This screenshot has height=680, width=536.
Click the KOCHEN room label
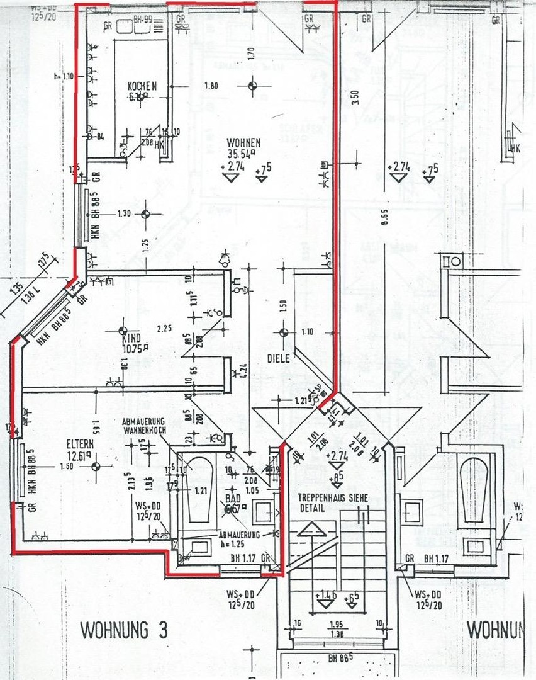pos(142,86)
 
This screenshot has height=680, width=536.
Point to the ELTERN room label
pos(80,443)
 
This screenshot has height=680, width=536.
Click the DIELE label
pos(277,358)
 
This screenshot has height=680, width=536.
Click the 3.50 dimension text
pos(356,98)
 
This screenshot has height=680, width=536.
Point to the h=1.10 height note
pos(64,76)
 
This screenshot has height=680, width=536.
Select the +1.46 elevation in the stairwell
pos(325,594)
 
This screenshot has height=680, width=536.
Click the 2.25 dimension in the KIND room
pos(165,328)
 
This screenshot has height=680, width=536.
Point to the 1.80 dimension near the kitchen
pos(211,86)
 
